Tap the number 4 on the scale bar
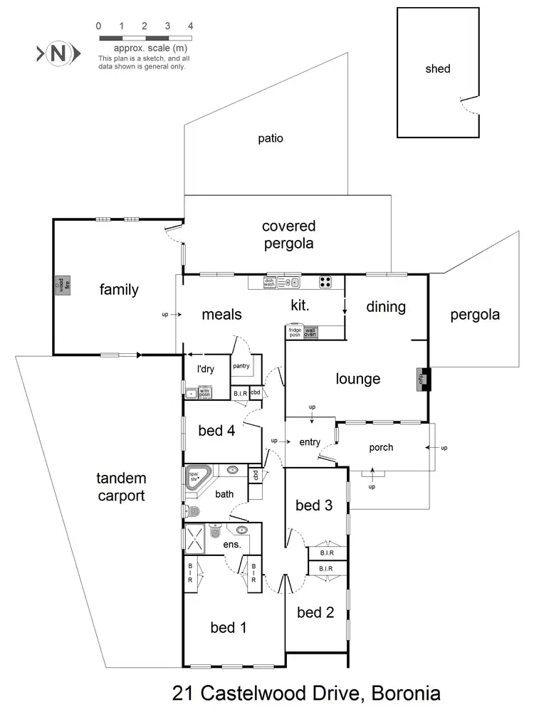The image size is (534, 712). [190, 26]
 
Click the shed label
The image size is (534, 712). [438, 69]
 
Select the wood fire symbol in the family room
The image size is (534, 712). [60, 285]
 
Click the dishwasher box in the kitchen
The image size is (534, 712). [269, 283]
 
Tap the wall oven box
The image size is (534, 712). [310, 332]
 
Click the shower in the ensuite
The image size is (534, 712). [197, 537]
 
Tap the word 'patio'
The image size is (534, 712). [271, 138]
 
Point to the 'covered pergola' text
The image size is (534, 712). [288, 234]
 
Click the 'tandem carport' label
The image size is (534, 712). [121, 487]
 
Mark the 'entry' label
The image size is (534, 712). [310, 442]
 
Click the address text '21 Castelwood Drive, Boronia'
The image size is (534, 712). [306, 692]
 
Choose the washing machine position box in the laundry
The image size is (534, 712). [204, 392]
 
